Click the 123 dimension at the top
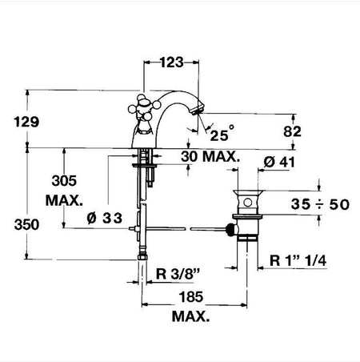point(172,62)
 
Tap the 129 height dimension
point(26,122)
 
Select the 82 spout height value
point(292,131)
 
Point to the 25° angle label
point(222,133)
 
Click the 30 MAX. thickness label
point(210,156)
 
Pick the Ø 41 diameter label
point(279,162)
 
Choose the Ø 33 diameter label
point(104,218)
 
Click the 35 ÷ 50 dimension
point(320,204)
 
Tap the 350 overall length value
point(26,224)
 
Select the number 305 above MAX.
point(64,181)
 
